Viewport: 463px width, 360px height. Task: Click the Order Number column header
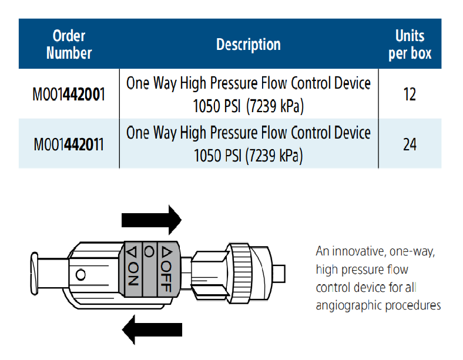[69, 44]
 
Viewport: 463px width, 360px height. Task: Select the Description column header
[249, 45]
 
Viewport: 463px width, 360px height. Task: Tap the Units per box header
[410, 45]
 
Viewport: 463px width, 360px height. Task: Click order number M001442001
[69, 94]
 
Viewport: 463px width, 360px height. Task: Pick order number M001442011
[69, 144]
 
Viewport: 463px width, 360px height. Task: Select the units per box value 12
[410, 94]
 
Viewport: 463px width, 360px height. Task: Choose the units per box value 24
[410, 144]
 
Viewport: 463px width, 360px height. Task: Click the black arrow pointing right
[152, 220]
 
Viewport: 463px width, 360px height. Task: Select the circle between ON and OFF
[149, 252]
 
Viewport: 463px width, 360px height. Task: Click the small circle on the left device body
[81, 274]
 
